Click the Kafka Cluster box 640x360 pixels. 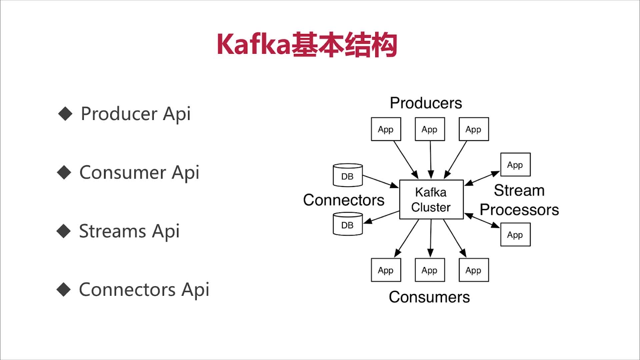pos(431,199)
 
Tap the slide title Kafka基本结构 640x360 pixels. pos(307,45)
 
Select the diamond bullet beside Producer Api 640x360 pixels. pos(65,114)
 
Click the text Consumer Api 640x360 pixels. pos(139,173)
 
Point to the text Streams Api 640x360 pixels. pos(129,231)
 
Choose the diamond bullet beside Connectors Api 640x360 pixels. pos(64,289)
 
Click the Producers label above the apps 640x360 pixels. pos(426,103)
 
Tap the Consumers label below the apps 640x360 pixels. pos(429,297)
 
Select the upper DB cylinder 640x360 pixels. pos(348,175)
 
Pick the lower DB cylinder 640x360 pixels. pos(348,224)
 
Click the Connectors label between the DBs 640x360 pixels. pos(343,200)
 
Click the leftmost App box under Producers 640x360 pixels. pos(386,129)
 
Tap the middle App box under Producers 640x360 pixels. pos(430,129)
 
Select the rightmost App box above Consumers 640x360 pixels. pos(473,270)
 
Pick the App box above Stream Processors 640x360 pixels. pos(515,165)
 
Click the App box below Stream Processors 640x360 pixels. pos(515,235)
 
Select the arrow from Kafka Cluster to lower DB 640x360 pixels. pos(382,217)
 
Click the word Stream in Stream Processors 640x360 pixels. pos(519,191)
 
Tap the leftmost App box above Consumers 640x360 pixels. pos(386,270)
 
